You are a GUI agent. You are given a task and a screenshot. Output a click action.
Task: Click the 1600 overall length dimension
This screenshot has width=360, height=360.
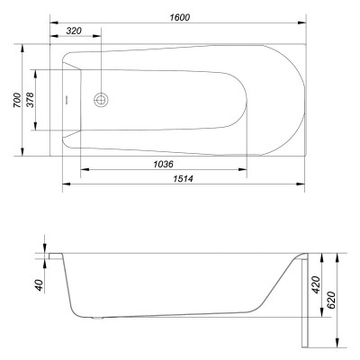[180, 17]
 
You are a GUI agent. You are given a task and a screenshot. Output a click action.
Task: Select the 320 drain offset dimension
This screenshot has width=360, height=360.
[74, 31]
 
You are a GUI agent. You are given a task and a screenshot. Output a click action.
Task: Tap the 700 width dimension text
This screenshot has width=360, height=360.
[17, 100]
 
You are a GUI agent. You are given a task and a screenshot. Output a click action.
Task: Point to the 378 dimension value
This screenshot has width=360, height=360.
[31, 100]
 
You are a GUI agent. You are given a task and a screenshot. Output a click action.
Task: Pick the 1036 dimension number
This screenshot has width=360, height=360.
[164, 164]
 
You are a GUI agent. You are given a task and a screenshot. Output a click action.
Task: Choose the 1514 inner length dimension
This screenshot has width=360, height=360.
[184, 179]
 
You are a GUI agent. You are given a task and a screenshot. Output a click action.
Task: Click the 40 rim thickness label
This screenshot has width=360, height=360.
[40, 285]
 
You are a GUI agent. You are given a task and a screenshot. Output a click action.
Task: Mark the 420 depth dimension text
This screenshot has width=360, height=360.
[316, 285]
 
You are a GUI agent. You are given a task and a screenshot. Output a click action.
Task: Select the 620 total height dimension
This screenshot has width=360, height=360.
[331, 300]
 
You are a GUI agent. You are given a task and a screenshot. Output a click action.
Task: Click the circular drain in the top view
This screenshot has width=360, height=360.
[101, 100]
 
